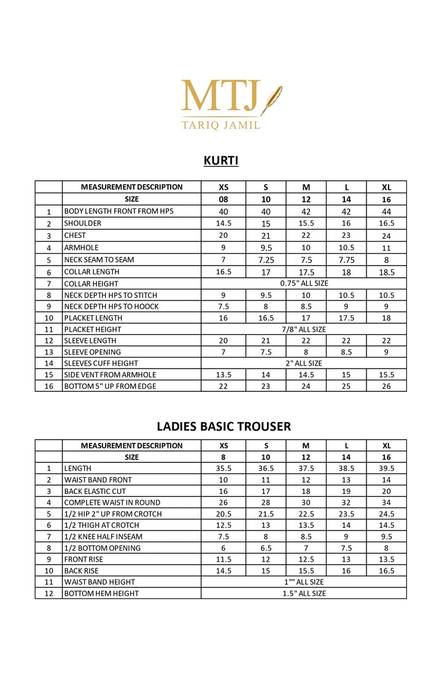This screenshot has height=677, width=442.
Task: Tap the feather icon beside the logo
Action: [271, 99]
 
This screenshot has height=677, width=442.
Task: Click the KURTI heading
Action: [221, 161]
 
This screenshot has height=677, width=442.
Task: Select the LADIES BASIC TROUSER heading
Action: [223, 426]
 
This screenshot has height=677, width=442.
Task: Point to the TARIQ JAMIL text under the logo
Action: [220, 125]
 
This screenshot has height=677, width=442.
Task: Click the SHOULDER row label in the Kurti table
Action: [83, 223]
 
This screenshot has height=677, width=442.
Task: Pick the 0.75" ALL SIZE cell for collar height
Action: [304, 283]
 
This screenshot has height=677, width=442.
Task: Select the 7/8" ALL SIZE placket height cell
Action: [304, 329]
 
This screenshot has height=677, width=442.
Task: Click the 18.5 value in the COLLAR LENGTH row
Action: [387, 272]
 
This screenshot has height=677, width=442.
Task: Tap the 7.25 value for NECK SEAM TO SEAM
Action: [266, 259]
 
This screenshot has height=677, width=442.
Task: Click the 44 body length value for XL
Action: [387, 212]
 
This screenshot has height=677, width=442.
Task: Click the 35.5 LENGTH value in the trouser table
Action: [223, 469]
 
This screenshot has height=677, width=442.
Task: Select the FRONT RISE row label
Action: [84, 559]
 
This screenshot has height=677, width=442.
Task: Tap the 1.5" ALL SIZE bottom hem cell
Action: [304, 594]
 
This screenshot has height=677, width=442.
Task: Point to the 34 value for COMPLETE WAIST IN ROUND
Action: [387, 503]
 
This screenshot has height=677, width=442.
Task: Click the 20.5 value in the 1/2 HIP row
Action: [223, 514]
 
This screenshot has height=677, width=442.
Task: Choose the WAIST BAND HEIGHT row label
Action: [99, 582]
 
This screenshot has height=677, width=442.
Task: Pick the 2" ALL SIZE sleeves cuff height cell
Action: [304, 363]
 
